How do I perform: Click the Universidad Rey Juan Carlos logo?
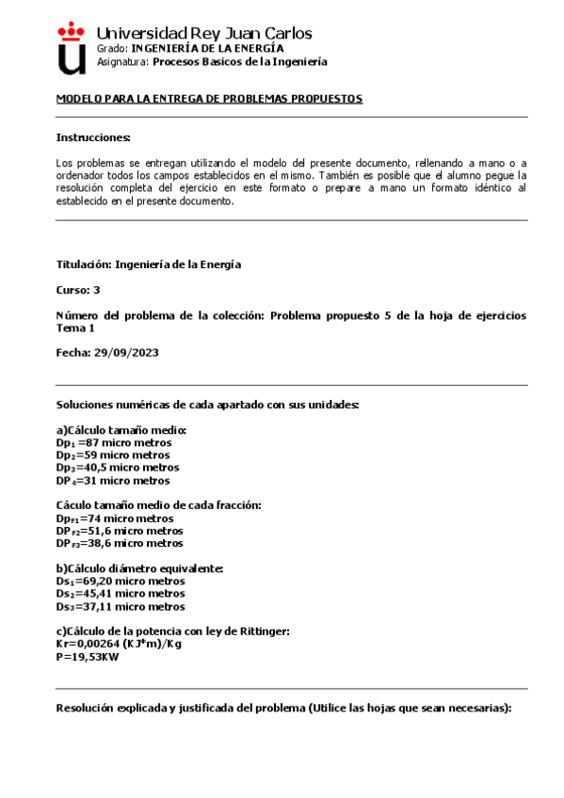click(x=71, y=47)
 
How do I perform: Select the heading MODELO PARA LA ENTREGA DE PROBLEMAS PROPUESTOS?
click(x=209, y=99)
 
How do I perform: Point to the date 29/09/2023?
click(x=126, y=352)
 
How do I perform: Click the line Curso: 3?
click(x=78, y=290)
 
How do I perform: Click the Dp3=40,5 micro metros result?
click(x=118, y=467)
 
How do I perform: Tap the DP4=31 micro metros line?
click(x=113, y=480)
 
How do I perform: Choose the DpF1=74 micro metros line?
click(x=115, y=518)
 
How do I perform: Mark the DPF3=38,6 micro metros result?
click(x=120, y=543)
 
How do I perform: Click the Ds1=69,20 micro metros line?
click(x=121, y=581)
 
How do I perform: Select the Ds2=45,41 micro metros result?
click(x=121, y=594)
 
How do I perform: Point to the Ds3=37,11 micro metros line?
click(x=121, y=607)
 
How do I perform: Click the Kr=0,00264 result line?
click(x=120, y=645)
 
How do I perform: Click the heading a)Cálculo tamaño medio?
click(x=121, y=429)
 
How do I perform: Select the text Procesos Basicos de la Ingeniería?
click(x=240, y=61)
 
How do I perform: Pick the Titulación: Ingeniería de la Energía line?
click(x=149, y=264)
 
